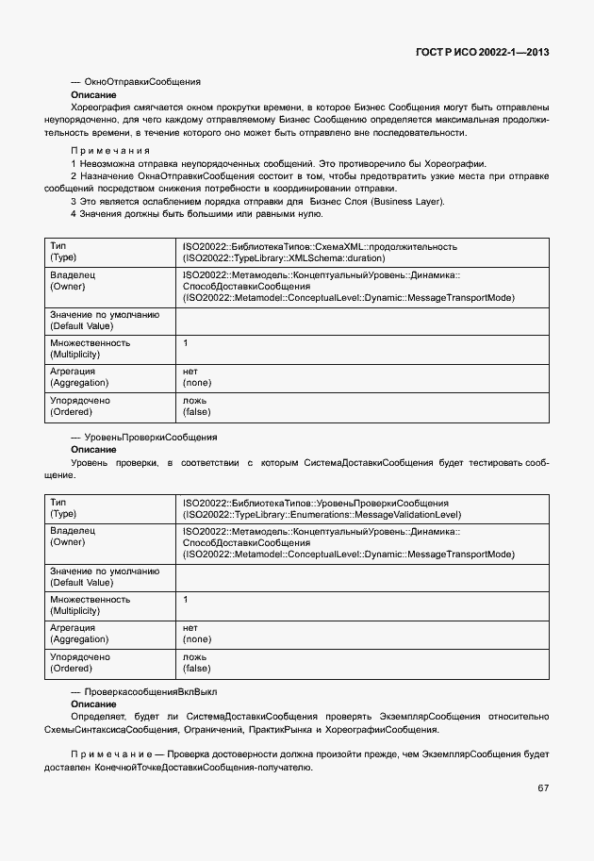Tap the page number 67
click(543, 787)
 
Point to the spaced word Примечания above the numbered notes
click(110, 151)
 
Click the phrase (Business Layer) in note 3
click(409, 202)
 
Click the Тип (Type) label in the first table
click(63, 252)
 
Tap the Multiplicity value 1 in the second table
click(186, 599)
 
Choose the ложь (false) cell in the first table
click(196, 406)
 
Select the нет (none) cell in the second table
click(196, 633)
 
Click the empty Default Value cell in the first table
click(362, 320)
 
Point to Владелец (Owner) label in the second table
click(73, 538)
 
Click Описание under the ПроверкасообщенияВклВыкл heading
click(94, 704)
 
